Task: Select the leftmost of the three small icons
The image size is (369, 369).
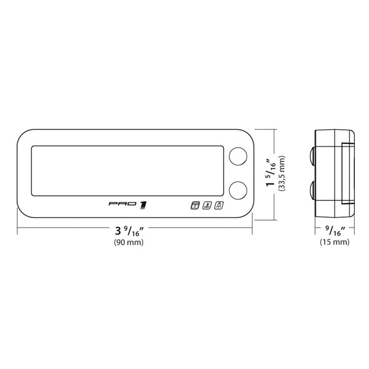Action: point(196,207)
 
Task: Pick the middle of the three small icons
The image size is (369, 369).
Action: point(207,207)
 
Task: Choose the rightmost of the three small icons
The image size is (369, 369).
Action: point(219,207)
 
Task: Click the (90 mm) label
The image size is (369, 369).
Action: point(129,243)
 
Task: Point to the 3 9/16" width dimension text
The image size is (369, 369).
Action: point(129,231)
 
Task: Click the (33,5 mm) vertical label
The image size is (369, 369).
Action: point(282,173)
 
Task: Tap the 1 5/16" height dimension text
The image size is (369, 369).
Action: point(269,173)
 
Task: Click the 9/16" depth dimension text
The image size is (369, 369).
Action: point(335,231)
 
